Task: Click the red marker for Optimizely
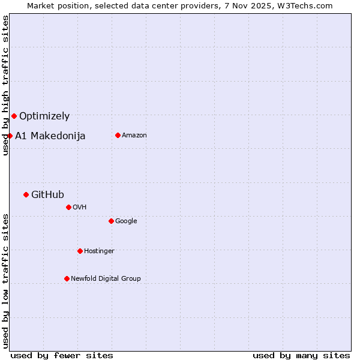point(14,116)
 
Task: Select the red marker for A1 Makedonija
point(10,136)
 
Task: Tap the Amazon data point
point(118,135)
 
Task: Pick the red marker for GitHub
point(26,194)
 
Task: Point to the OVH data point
point(68,207)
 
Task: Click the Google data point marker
point(111,221)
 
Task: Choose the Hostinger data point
point(80,251)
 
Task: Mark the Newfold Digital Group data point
point(67,278)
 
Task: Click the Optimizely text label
point(44,116)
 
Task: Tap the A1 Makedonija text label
point(50,136)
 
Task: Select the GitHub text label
point(47,194)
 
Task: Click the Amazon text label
point(134,136)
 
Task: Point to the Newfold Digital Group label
point(106,278)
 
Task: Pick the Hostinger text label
point(99,251)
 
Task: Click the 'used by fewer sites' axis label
point(62,355)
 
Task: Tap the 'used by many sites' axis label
point(301,355)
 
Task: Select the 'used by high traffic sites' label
point(5,85)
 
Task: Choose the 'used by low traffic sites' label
point(5,281)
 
